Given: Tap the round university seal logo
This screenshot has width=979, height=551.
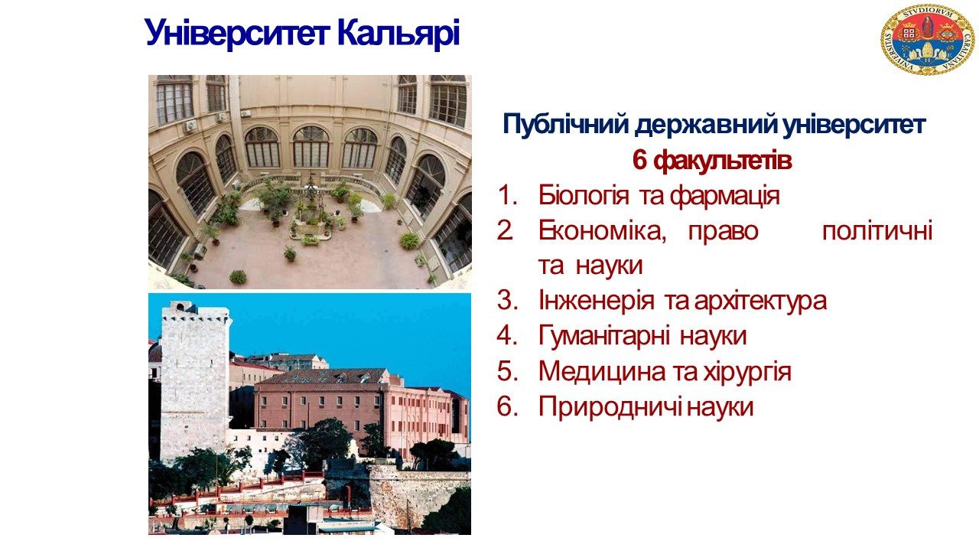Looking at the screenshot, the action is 928,39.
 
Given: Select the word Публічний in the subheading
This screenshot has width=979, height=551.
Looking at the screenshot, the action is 566,125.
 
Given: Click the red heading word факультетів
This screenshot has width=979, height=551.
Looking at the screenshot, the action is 723,161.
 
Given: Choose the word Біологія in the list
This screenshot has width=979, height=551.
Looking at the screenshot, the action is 584,195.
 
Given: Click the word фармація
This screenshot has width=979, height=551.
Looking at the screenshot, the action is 724,196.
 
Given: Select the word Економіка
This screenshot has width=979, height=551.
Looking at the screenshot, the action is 602,231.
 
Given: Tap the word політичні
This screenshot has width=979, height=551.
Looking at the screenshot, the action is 877,231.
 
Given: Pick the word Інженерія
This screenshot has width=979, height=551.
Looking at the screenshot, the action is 596,302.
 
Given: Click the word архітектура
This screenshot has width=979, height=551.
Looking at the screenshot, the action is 760,302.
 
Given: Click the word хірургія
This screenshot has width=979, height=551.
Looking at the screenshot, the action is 747,373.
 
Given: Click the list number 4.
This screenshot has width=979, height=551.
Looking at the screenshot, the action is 506,336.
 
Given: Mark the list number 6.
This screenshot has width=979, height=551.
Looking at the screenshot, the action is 506,407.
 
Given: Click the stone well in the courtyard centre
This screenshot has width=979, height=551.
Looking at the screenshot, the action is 310,210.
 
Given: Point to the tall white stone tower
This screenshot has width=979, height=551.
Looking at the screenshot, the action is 195,380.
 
